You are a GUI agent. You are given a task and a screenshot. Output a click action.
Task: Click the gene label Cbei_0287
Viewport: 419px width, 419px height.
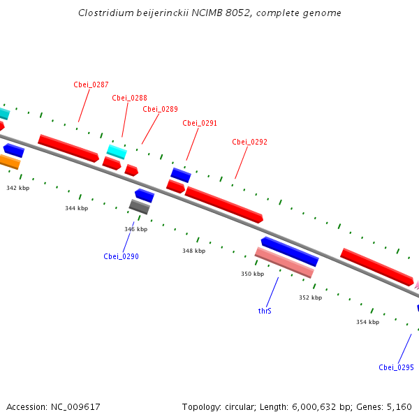click(x=91, y=84)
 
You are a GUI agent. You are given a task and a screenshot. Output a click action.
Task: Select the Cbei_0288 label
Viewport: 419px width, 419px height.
click(x=129, y=98)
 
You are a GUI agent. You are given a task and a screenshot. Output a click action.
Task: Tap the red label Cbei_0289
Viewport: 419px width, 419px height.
click(x=160, y=109)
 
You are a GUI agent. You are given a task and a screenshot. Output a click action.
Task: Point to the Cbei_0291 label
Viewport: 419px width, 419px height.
click(x=200, y=123)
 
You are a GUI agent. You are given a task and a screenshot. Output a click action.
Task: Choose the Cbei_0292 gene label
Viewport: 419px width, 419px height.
click(x=249, y=142)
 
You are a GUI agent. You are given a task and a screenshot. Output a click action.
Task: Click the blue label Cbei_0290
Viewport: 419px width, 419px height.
click(x=121, y=256)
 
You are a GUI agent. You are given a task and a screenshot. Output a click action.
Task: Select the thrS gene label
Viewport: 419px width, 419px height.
click(x=265, y=310)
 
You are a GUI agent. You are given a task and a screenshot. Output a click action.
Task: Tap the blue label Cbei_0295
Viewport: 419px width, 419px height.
click(x=396, y=367)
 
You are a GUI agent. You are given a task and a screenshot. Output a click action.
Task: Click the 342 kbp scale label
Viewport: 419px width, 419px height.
click(x=18, y=188)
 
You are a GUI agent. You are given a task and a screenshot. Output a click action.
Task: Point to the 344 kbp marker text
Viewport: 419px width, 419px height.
click(x=77, y=208)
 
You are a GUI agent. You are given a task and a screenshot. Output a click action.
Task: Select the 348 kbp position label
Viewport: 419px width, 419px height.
click(x=194, y=251)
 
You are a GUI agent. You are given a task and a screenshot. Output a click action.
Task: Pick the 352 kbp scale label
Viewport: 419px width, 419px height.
click(x=311, y=297)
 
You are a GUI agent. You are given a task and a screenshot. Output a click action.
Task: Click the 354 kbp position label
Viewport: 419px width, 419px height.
click(x=367, y=322)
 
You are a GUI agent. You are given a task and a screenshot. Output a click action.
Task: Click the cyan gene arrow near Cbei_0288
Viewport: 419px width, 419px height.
click(x=117, y=152)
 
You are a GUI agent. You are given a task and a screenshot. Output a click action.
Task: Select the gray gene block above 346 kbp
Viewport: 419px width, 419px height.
click(x=139, y=206)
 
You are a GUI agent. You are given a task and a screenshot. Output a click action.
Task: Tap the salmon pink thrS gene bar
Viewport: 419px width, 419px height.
click(x=284, y=263)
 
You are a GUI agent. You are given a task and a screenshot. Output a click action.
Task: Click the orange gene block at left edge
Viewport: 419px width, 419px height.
click(x=9, y=161)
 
